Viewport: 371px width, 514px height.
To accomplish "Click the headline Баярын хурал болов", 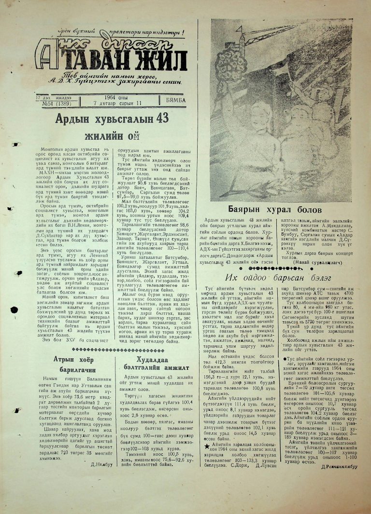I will point(274,210).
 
